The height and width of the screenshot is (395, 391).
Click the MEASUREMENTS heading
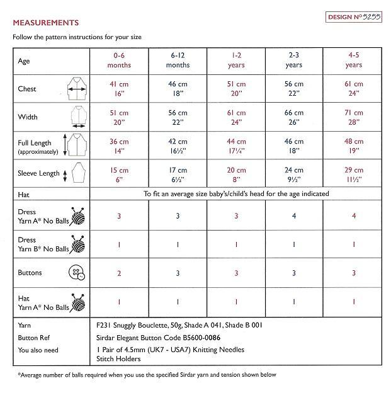click(x=46, y=23)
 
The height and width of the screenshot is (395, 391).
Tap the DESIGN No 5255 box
click(x=353, y=17)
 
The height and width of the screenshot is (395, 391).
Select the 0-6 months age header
click(x=118, y=60)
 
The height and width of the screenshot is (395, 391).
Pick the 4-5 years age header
click(x=354, y=60)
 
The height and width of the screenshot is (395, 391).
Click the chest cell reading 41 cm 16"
click(x=118, y=89)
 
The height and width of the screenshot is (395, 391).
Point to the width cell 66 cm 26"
click(x=294, y=117)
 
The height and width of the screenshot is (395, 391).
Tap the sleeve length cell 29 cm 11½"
click(x=354, y=175)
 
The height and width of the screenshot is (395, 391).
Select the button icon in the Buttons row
click(x=77, y=273)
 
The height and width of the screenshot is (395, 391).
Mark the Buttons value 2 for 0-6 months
click(x=118, y=273)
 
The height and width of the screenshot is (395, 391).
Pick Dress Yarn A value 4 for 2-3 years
click(x=294, y=216)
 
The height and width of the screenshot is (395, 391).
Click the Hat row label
click(x=25, y=195)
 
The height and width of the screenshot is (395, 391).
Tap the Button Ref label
click(x=35, y=337)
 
